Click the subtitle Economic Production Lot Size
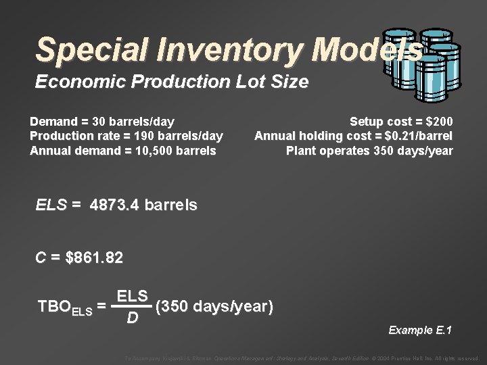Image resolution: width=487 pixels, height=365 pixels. [x=172, y=82]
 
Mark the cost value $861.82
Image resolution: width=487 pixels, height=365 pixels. [x=95, y=258]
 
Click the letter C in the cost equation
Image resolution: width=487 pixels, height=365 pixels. [x=41, y=258]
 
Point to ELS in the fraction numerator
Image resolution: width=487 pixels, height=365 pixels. [x=132, y=297]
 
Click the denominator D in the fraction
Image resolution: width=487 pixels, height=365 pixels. [x=133, y=317]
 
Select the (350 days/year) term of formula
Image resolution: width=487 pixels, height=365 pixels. [x=214, y=308]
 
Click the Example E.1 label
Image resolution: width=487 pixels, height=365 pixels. [x=419, y=330]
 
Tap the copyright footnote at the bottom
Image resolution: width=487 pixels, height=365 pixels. [x=302, y=358]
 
